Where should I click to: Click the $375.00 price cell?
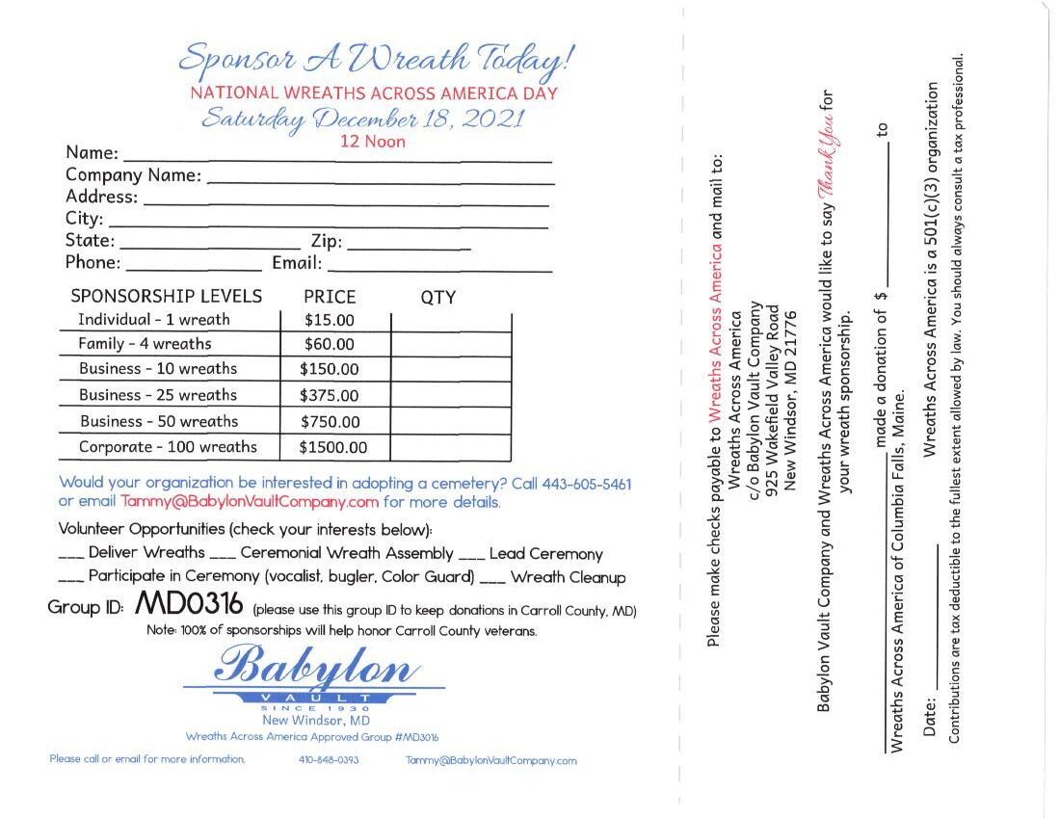click(329, 395)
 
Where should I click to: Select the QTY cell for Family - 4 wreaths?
click(450, 344)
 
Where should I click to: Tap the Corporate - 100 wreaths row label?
click(168, 447)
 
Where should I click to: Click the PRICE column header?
click(330, 297)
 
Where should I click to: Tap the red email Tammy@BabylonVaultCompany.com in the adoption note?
click(250, 502)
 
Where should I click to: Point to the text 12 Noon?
click(373, 142)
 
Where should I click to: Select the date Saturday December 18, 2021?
click(363, 119)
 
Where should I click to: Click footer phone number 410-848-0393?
click(329, 760)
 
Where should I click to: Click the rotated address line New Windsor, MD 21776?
click(791, 400)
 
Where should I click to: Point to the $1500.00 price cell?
click(333, 447)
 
